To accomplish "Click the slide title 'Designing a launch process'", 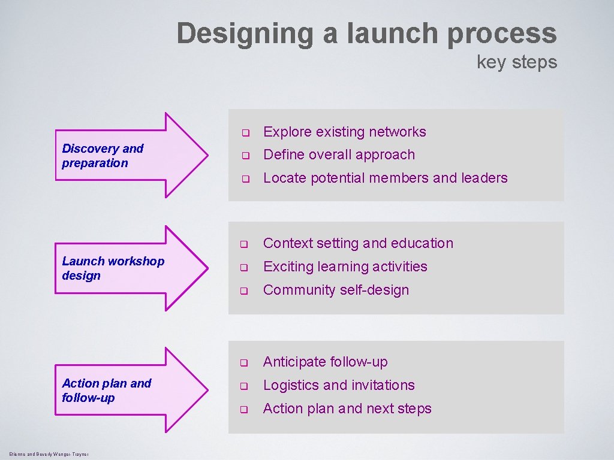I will [366, 34].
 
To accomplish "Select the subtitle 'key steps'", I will [516, 62].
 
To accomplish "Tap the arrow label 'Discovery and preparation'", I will [103, 156].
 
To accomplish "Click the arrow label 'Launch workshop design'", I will [113, 268].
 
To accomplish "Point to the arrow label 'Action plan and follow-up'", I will [106, 391].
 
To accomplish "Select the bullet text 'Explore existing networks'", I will [344, 132].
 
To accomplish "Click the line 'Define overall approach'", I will [339, 155].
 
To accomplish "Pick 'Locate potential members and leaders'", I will [385, 178].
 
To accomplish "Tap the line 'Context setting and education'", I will [358, 243].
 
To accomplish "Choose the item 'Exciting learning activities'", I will [345, 267].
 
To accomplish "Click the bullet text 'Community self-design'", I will [336, 290].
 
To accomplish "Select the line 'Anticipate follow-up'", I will [325, 362].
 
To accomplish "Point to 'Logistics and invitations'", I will [339, 385].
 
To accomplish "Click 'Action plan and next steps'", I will [347, 408].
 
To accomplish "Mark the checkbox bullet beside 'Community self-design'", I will [245, 291].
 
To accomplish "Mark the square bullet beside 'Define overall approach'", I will [245, 156].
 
